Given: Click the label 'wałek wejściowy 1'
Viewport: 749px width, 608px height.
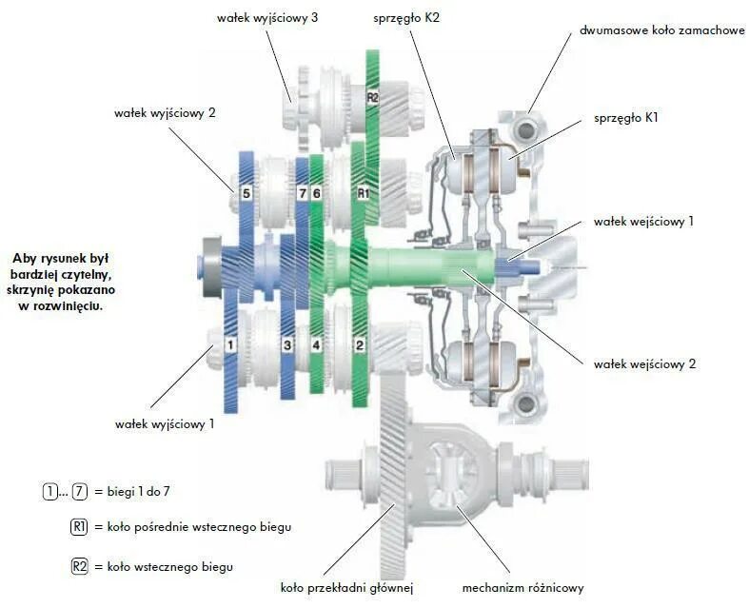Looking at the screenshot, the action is pos(643,221).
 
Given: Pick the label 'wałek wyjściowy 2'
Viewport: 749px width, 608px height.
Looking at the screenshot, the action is pos(166,112).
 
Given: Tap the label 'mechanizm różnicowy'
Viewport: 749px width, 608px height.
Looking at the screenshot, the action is pos(522,587).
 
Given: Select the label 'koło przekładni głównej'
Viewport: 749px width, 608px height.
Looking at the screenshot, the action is pos(346,587).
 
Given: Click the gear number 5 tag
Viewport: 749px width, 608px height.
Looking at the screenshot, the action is pos(246,193).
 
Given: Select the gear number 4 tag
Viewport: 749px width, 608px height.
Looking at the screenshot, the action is pos(316,343).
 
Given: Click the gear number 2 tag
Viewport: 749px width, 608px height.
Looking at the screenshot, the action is pos(360,343).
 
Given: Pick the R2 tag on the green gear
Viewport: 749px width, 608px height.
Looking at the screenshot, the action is pos(373,97).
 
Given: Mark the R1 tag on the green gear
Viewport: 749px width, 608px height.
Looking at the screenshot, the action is pos(362,193).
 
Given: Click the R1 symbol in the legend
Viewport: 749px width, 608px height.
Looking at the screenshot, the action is pos(80,526).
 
